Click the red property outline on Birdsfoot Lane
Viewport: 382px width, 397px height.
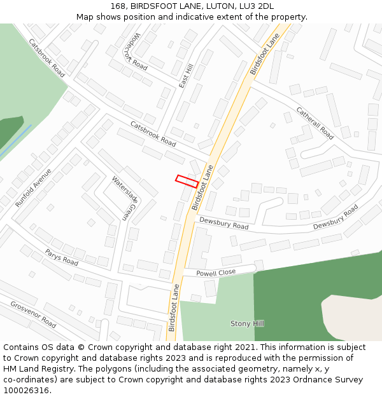(187, 181)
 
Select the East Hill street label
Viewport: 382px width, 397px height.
(186, 76)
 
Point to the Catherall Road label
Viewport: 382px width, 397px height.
(315, 123)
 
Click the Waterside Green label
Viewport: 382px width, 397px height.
(124, 198)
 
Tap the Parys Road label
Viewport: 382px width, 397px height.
(62, 257)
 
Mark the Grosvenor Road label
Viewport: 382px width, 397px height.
(33, 314)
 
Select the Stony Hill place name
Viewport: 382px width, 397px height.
(247, 324)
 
